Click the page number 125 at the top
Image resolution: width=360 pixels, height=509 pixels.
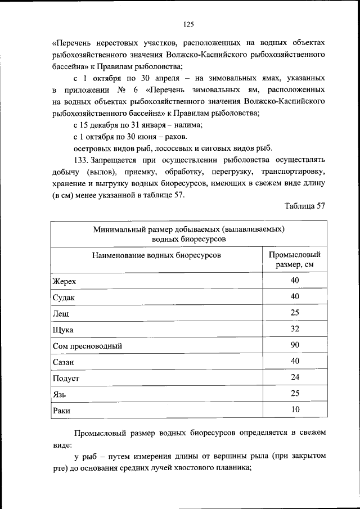[188, 24]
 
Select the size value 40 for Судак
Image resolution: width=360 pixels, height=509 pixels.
[295, 296]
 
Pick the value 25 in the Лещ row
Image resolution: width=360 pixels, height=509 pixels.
[295, 312]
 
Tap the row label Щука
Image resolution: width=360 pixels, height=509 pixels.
[63, 330]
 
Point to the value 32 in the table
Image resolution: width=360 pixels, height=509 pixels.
[295, 328]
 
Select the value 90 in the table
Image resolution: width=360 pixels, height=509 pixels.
[295, 345]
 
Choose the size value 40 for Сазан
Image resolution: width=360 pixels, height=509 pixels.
[295, 361]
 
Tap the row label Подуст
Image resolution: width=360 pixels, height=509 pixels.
[66, 379]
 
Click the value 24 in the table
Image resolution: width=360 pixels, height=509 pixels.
[295, 377]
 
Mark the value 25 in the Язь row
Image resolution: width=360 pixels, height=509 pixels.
[295, 394]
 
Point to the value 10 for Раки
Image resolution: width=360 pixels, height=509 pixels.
[295, 410]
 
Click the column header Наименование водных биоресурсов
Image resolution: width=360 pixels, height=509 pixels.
[156, 255]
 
